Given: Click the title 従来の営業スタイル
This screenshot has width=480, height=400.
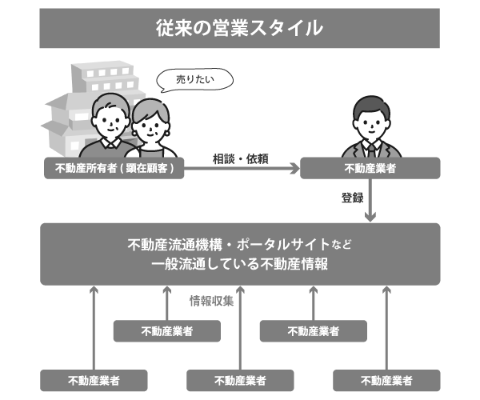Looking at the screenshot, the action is (x=239, y=28).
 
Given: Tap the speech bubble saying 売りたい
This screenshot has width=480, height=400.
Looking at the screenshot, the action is (x=194, y=80).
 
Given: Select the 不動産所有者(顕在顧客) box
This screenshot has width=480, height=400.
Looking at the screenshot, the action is (x=114, y=168).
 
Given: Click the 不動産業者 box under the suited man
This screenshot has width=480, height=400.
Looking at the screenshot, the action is (x=370, y=168).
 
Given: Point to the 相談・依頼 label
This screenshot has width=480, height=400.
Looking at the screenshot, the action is (x=241, y=159).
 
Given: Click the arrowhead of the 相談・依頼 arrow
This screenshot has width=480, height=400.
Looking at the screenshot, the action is (x=295, y=168).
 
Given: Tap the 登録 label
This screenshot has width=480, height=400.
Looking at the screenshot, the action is (x=352, y=198).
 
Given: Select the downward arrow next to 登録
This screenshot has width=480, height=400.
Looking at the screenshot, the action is (x=370, y=200).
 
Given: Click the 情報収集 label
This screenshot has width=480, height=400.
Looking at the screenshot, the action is (x=211, y=301).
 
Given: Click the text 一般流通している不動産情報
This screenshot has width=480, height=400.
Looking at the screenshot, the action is (x=240, y=264).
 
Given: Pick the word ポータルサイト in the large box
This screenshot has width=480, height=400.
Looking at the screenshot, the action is (x=282, y=245).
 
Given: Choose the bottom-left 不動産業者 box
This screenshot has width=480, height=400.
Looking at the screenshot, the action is (x=94, y=381).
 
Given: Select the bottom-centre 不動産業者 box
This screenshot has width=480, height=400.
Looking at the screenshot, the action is (x=240, y=381).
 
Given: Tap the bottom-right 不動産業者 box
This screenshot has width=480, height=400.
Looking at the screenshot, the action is (x=386, y=381).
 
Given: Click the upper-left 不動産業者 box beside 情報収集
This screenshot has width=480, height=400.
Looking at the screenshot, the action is (x=167, y=331).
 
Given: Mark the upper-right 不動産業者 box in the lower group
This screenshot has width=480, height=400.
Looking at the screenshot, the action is (x=313, y=331).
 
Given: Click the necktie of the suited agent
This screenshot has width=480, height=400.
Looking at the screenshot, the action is (x=371, y=150).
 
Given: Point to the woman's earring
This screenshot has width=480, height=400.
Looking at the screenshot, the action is (x=167, y=133).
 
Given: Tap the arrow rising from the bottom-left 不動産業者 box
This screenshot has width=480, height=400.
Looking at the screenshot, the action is (x=94, y=328).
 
